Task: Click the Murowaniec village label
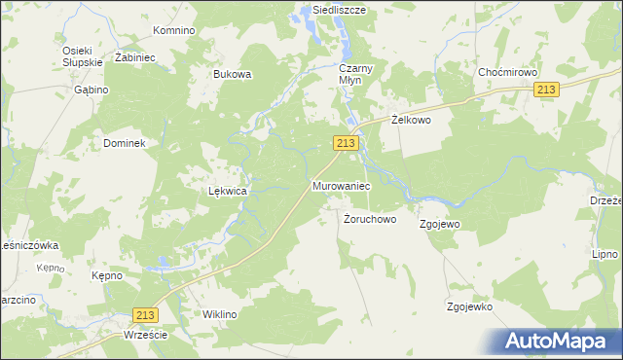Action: point(340,184)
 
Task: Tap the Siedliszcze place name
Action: point(332,10)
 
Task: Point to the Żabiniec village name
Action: point(135,57)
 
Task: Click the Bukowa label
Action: point(233,74)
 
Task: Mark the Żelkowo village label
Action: point(411,120)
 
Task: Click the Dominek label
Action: point(124,143)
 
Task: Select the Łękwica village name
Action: point(227,192)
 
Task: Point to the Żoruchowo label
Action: point(370,220)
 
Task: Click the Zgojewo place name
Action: point(439,224)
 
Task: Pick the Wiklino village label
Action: point(219,314)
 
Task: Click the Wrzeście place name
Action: point(146,335)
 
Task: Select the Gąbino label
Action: point(90,89)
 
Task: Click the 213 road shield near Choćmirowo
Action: point(547,90)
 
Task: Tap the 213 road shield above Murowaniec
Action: point(348,143)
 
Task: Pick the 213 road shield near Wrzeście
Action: point(145,314)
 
